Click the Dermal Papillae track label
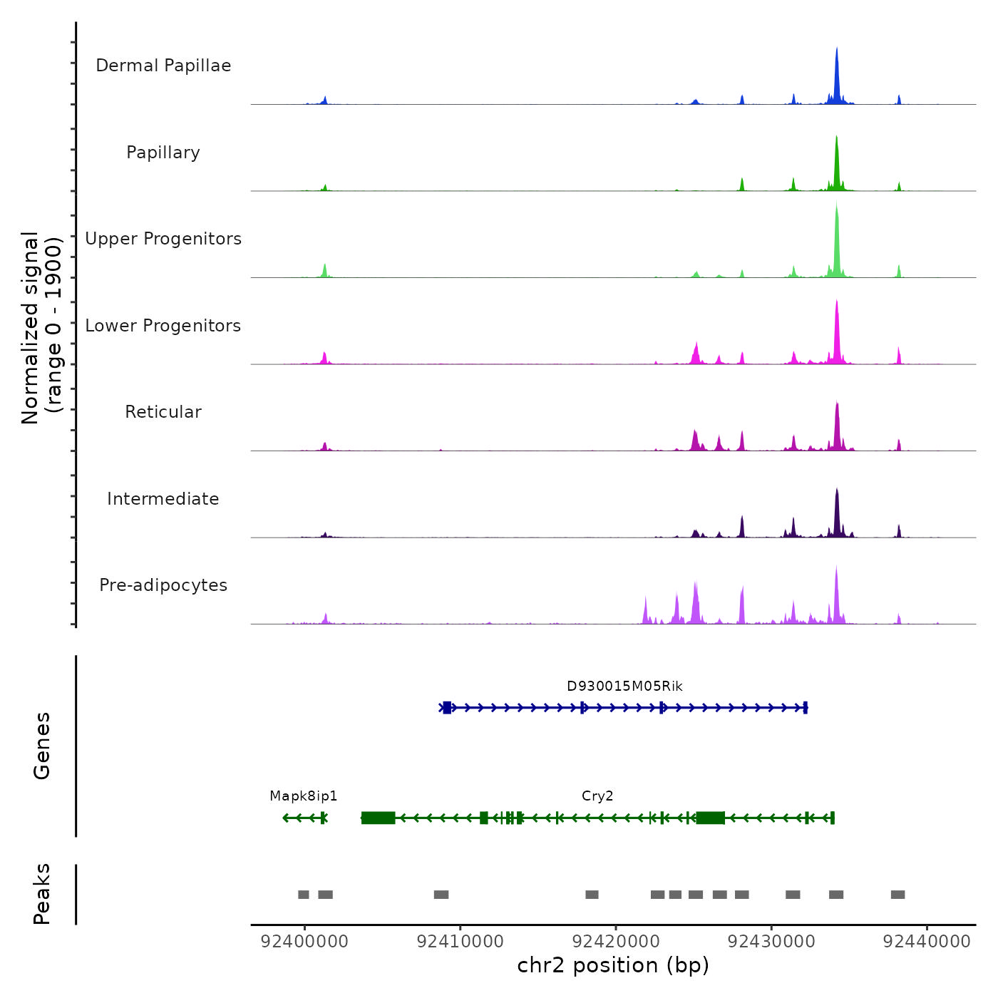tap(163, 66)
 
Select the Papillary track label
tap(163, 153)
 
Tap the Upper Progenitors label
tap(163, 239)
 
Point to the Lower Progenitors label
tap(163, 326)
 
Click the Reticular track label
tap(163, 412)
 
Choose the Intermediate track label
tap(163, 499)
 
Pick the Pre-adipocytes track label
tap(163, 585)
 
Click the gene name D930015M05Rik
tap(624, 686)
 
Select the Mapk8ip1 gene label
tap(304, 796)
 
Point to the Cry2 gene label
tap(597, 796)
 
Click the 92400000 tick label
tap(304, 942)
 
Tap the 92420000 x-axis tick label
tap(616, 942)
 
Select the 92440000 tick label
tap(927, 942)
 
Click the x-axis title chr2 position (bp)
tap(613, 966)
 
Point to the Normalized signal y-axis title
tap(41, 328)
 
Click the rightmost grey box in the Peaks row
tap(897, 895)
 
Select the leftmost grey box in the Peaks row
tap(304, 895)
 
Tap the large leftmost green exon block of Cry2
tap(378, 818)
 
